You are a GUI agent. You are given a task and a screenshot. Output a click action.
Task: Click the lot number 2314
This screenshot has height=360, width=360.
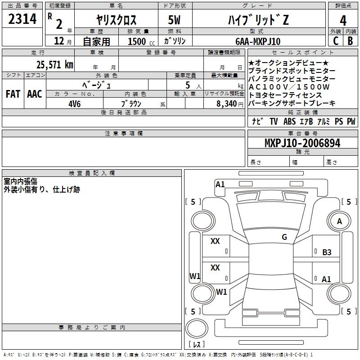pos(22,19)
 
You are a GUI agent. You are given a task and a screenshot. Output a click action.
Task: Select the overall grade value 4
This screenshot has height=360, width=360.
pos(343,21)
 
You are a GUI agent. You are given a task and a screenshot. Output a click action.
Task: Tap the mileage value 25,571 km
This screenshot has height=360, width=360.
pos(55,65)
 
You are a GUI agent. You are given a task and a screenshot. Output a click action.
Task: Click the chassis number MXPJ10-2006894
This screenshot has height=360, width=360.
pos(302,143)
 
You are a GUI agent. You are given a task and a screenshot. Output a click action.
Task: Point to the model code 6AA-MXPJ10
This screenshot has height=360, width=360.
pos(258,41)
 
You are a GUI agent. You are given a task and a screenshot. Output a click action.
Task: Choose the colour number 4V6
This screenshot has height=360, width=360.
pos(75,104)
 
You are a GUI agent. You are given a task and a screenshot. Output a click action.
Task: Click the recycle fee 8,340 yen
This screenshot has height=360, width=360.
pos(230,104)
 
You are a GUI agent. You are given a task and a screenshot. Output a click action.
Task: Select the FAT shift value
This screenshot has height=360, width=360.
pos(13,94)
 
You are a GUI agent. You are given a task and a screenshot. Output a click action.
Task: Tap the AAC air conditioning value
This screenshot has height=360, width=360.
pos(35,94)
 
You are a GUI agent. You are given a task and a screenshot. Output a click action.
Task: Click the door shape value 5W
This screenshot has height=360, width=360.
pos(174,20)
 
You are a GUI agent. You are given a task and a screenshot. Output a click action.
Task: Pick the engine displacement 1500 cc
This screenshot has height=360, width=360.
pos(141,41)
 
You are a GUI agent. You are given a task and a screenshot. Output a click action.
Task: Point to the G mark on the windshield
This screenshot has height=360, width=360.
pos(284,237)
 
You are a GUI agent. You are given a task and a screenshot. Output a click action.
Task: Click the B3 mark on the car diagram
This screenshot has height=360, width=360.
pos(327,252)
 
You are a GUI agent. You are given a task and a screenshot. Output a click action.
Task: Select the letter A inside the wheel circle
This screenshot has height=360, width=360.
pos(339,221)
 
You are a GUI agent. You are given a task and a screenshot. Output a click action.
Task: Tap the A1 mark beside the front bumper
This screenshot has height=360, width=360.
pos(220,184)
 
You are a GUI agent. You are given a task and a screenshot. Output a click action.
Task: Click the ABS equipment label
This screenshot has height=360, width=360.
pos(289,121)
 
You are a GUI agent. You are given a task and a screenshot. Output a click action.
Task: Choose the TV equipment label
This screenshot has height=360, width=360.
pos(274,121)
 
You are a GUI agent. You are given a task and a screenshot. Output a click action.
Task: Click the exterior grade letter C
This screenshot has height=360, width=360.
pos(336,41)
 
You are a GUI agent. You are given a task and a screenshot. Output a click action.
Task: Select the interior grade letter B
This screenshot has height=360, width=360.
pos(350,41)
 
